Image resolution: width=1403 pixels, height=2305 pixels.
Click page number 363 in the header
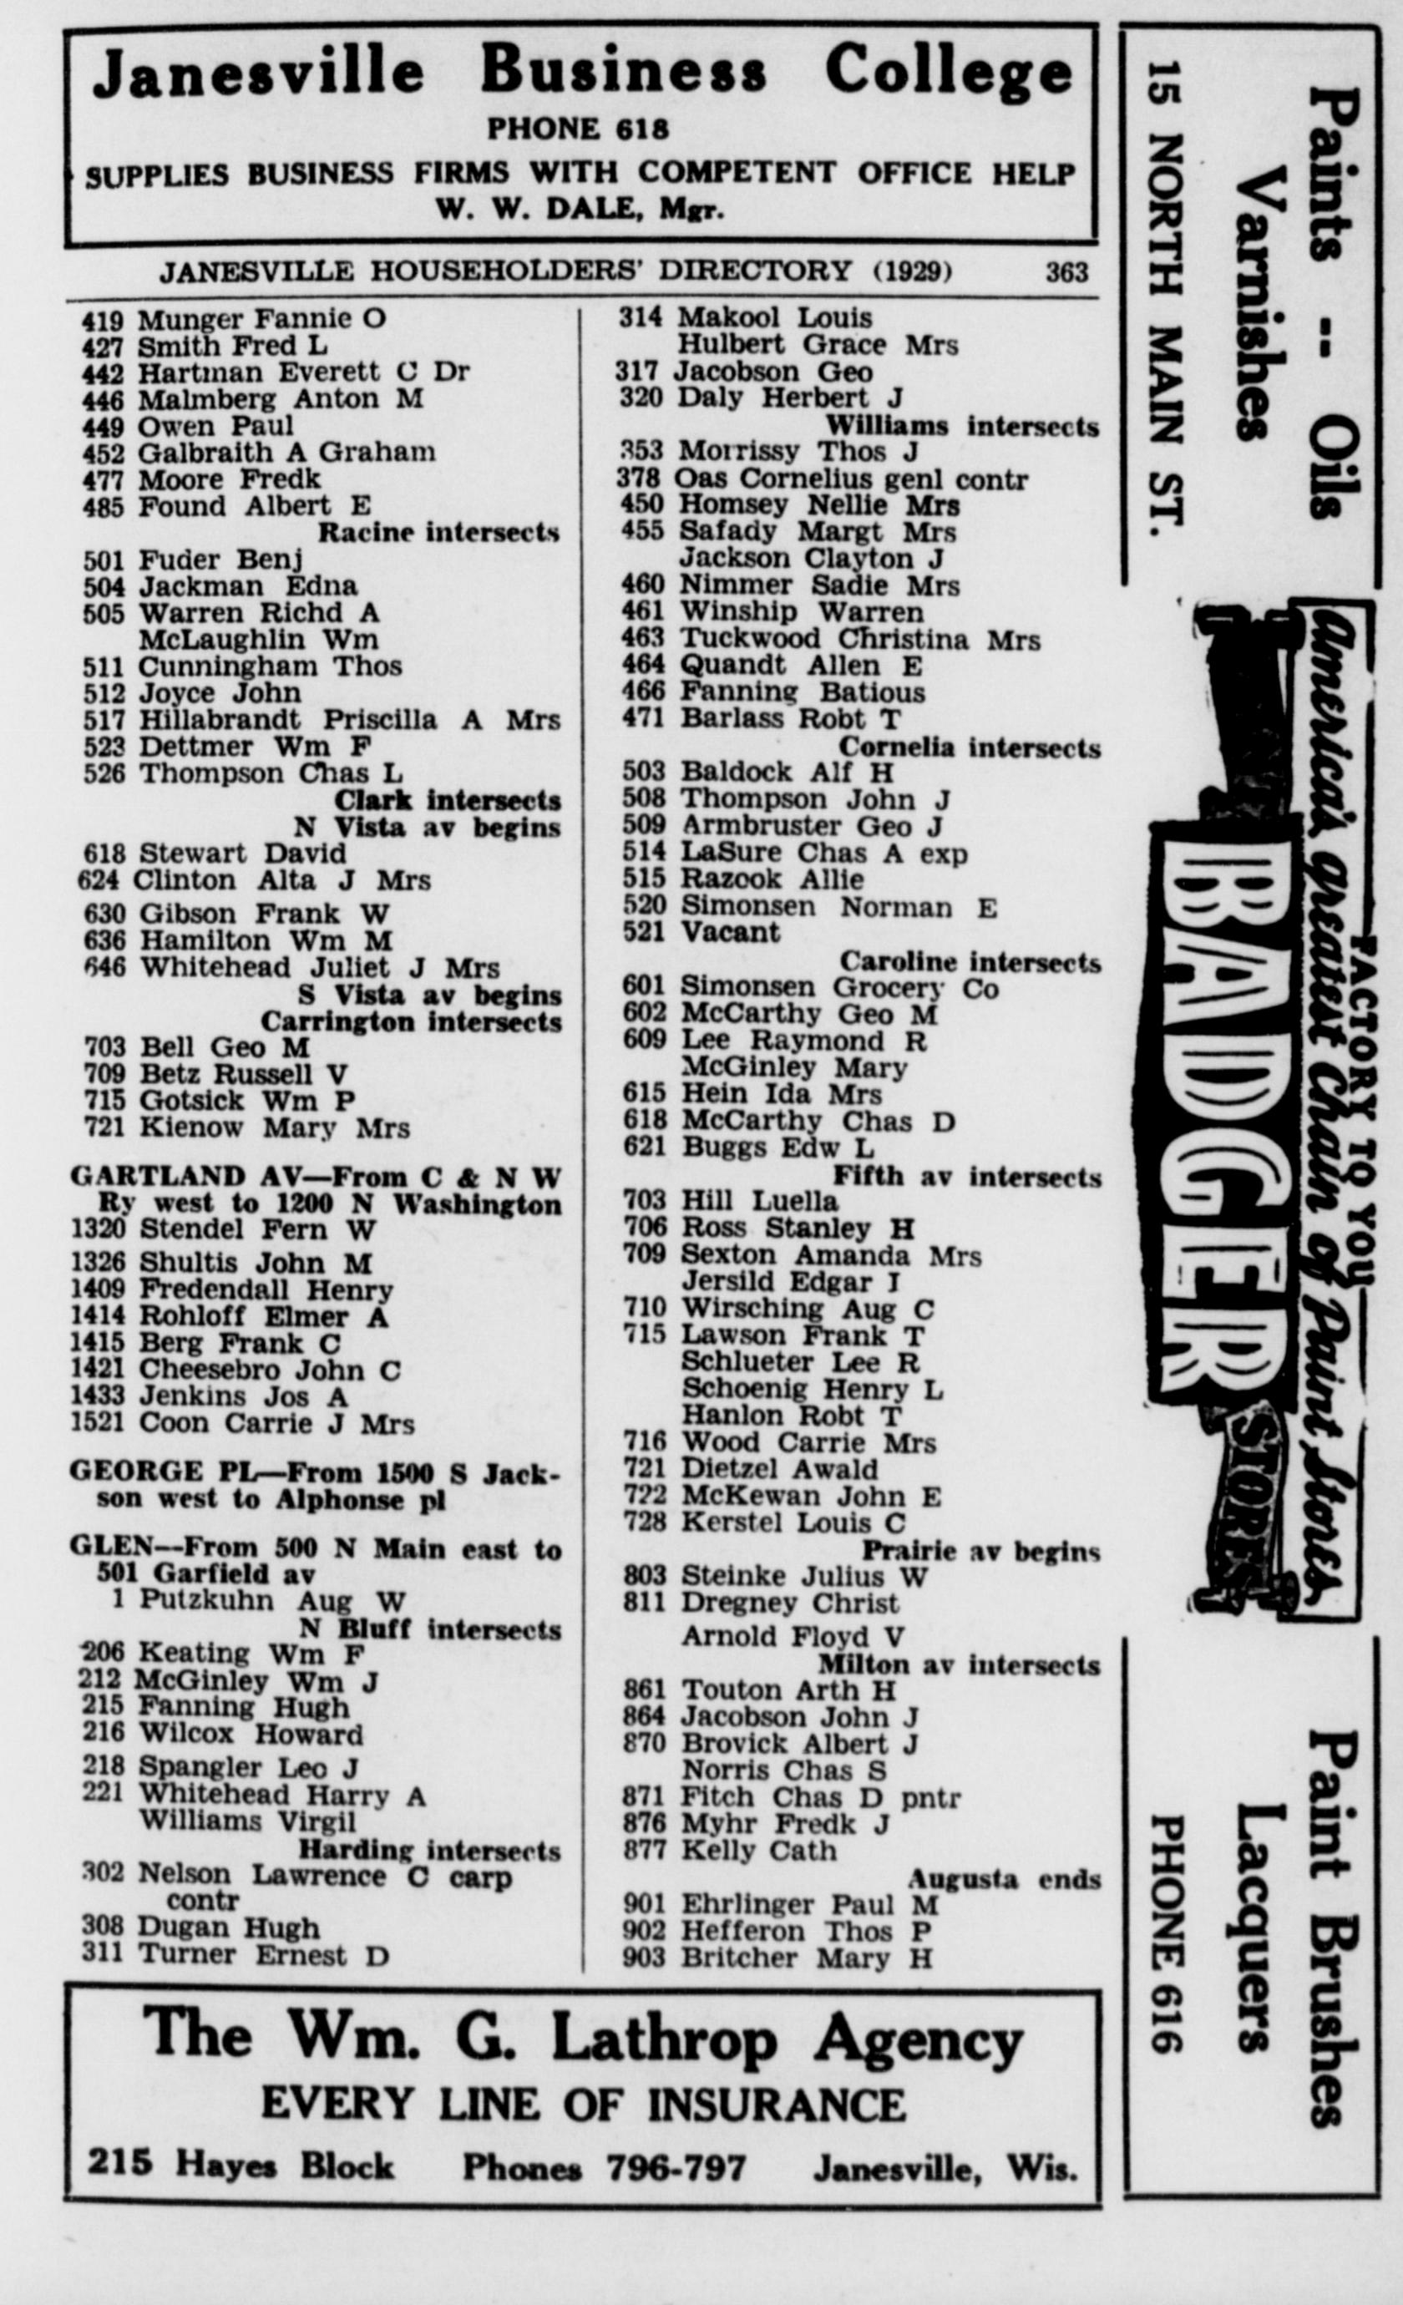(x=1066, y=272)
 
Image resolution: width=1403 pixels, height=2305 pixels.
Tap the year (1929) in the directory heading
(x=912, y=271)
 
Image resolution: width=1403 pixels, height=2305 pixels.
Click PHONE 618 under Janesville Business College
(x=578, y=128)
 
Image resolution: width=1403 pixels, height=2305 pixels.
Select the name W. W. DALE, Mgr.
(x=580, y=210)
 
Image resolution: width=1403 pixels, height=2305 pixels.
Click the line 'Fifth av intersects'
(x=966, y=1176)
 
